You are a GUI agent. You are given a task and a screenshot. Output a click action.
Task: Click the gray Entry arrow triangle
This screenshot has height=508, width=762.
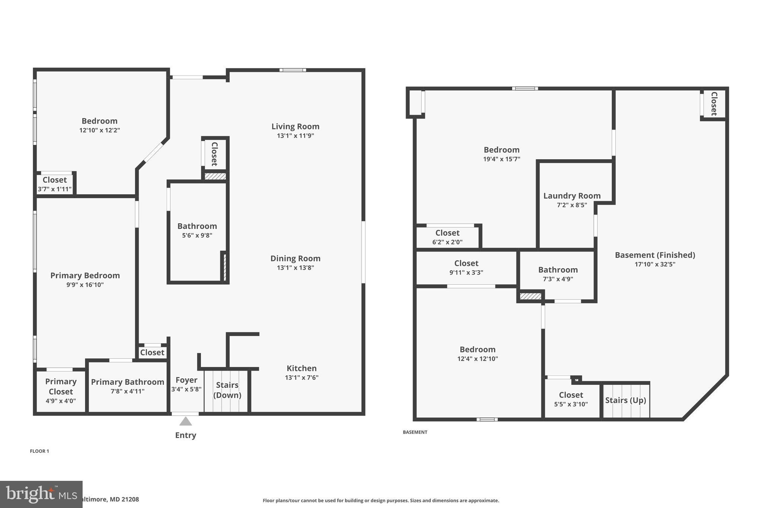(x=185, y=422)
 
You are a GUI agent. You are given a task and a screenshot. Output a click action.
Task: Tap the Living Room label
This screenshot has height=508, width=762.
(x=295, y=127)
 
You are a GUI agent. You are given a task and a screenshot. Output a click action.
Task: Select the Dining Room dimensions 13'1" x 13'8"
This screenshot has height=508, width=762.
(x=295, y=268)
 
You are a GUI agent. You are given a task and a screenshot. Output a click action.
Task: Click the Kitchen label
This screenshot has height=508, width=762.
(x=301, y=368)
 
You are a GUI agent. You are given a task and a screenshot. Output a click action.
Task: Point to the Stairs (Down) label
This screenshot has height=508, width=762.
(x=227, y=390)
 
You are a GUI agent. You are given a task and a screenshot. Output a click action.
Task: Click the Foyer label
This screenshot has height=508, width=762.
(x=186, y=380)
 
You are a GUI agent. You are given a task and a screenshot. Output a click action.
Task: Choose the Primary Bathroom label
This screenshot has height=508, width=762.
(x=127, y=382)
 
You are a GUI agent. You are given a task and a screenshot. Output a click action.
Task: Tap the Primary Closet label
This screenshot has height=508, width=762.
(x=61, y=386)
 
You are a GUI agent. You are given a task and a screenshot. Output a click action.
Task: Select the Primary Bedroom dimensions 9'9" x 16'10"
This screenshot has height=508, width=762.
(x=85, y=285)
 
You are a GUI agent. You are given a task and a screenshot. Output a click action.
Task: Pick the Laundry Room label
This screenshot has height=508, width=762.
(x=571, y=196)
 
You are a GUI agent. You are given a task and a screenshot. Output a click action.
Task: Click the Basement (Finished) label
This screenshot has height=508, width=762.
(x=654, y=255)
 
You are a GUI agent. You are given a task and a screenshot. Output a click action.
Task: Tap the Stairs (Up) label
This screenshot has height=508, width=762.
(x=625, y=400)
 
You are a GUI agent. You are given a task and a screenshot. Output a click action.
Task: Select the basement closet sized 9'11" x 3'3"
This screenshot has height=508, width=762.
(x=466, y=268)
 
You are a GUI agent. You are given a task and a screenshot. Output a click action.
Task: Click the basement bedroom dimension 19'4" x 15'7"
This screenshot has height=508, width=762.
(x=501, y=159)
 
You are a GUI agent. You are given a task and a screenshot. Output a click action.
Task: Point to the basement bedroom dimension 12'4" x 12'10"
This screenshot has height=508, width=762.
(x=477, y=359)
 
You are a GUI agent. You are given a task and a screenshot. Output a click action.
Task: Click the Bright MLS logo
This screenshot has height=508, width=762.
(x=41, y=494)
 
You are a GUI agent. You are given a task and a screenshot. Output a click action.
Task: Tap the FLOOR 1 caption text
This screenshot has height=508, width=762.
(x=39, y=451)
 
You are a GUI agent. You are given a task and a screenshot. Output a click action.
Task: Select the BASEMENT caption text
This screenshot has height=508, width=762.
(x=415, y=432)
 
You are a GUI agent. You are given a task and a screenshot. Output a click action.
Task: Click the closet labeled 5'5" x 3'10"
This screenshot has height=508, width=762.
(x=571, y=399)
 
